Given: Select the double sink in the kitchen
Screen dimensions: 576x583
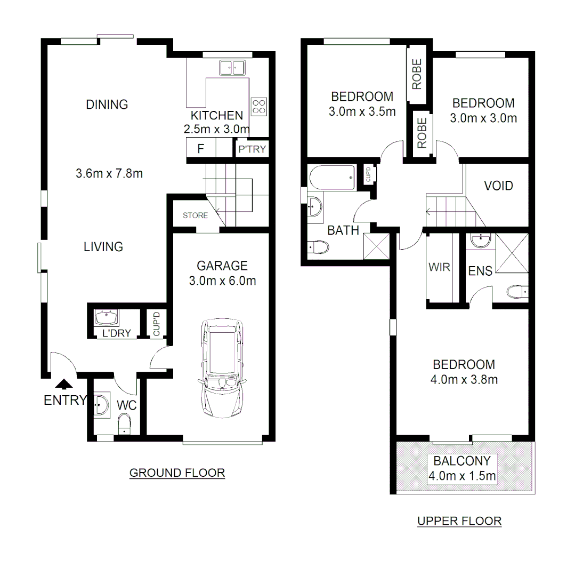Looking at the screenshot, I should tap(232, 68).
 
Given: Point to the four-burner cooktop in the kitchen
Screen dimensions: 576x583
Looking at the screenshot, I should tap(259, 106).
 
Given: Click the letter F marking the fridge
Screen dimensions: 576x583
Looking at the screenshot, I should tap(200, 149).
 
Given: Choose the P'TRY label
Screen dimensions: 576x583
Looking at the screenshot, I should tap(252, 149).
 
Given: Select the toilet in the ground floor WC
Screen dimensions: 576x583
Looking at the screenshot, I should tap(124, 424).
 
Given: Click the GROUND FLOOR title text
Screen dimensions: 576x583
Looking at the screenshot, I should tap(177, 473).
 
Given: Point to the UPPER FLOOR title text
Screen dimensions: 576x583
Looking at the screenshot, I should tap(459, 521).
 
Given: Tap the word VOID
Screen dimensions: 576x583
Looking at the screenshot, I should tap(498, 186).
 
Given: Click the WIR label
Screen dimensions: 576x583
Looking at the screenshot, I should tap(440, 267).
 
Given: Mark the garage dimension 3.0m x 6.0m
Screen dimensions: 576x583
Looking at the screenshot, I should tap(222, 281).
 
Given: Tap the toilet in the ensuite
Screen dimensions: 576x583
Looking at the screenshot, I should tap(516, 291).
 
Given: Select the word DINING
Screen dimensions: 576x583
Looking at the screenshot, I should tap(107, 105).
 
